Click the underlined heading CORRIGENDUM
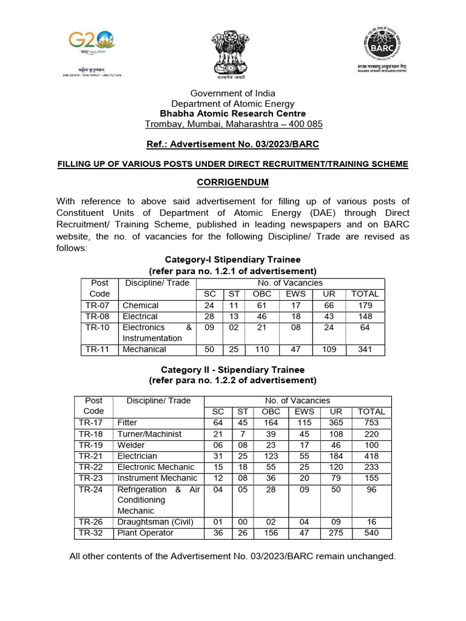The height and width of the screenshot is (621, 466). click(232, 183)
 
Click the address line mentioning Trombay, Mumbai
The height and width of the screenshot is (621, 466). click(234, 124)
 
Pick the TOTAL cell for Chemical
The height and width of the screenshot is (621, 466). click(365, 305)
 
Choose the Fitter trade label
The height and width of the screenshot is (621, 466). click(127, 423)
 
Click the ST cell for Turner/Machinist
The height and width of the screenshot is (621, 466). click(242, 434)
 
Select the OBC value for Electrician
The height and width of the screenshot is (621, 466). click(270, 456)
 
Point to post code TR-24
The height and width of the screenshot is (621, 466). click(91, 489)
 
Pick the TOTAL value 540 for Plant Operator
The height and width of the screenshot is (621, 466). click(371, 533)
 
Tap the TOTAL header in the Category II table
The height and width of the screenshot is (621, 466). click(371, 412)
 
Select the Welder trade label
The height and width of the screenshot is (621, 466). click(131, 445)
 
